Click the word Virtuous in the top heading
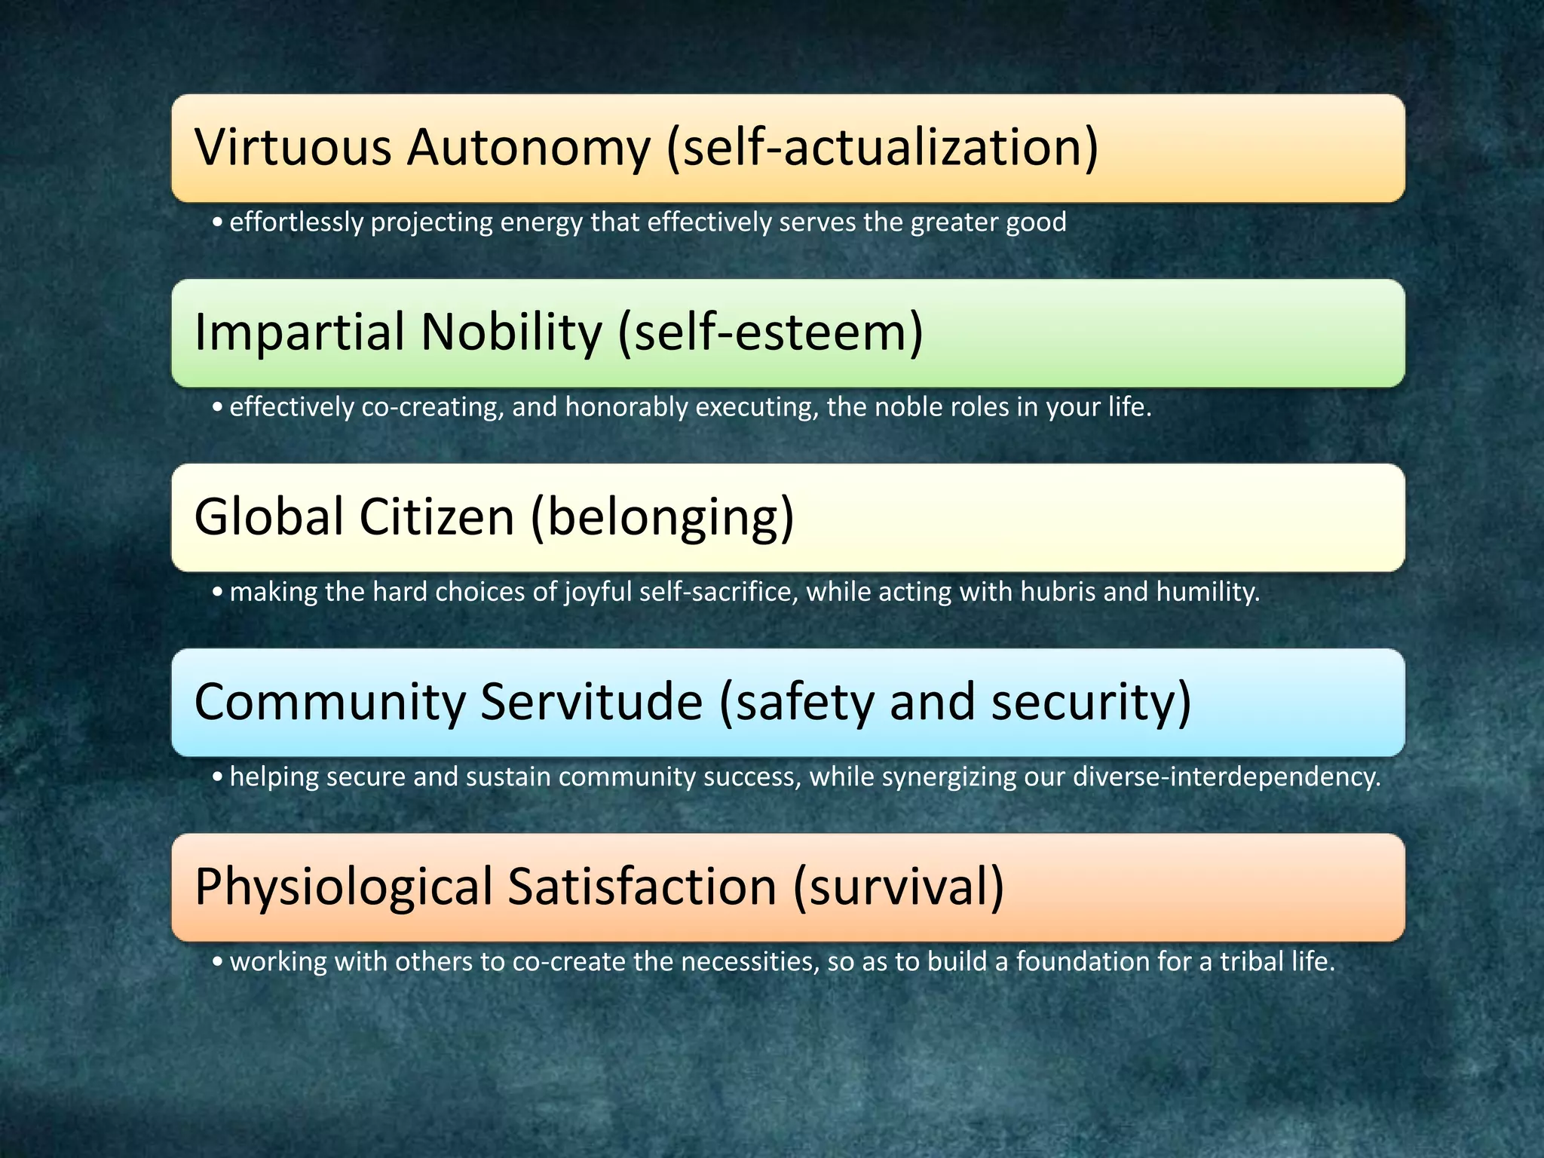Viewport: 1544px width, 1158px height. click(x=293, y=147)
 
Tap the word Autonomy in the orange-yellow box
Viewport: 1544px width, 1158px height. click(x=528, y=147)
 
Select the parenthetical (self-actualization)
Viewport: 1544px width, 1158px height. click(x=882, y=147)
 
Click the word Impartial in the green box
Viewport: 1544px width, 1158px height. click(x=299, y=332)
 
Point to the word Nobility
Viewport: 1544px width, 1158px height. click(x=512, y=332)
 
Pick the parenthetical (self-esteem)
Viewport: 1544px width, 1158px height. click(x=770, y=332)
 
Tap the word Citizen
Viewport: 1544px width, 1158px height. click(x=437, y=517)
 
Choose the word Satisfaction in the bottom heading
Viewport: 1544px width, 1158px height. click(x=642, y=887)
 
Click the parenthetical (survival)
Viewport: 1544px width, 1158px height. click(x=898, y=887)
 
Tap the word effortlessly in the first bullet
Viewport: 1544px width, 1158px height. click(x=296, y=222)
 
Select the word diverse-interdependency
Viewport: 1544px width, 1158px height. click(x=1226, y=777)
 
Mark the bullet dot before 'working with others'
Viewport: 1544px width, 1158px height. click(x=217, y=962)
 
